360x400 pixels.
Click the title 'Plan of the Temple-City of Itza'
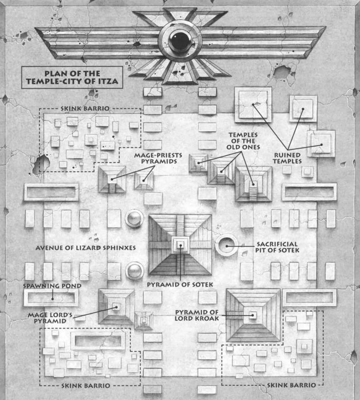pyautogui.click(x=72, y=77)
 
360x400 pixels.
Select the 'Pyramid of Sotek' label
pyautogui.click(x=180, y=284)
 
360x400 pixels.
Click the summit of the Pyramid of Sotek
pyautogui.click(x=181, y=246)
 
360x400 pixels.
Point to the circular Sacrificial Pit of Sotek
pyautogui.click(x=227, y=246)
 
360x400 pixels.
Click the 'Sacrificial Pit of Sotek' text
pyautogui.click(x=277, y=247)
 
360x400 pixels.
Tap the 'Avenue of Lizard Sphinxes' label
pyautogui.click(x=85, y=248)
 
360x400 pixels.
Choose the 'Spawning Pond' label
pyautogui.click(x=52, y=286)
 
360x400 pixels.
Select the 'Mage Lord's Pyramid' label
pyautogui.click(x=50, y=318)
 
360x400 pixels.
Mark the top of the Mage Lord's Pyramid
pyautogui.click(x=116, y=307)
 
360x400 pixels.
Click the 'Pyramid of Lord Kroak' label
pyautogui.click(x=197, y=315)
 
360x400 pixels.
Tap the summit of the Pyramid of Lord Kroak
pyautogui.click(x=253, y=315)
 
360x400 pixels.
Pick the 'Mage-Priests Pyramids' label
pyautogui.click(x=158, y=158)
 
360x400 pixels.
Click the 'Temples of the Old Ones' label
pyautogui.click(x=243, y=141)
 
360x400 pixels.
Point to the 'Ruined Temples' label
pyautogui.click(x=287, y=158)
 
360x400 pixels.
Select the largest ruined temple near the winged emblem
pyautogui.click(x=253, y=104)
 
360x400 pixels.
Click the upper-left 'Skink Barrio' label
pyautogui.click(x=85, y=109)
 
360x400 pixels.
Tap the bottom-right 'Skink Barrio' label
pyautogui.click(x=291, y=385)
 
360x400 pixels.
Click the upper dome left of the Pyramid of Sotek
pyautogui.click(x=134, y=218)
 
